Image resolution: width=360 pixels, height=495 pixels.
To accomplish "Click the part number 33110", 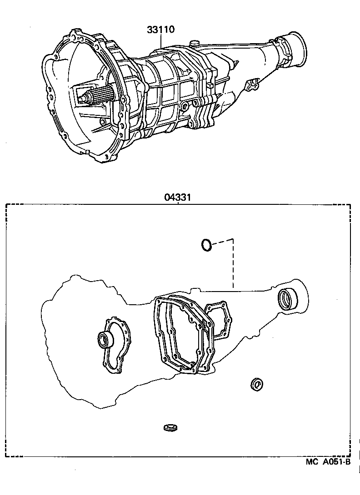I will [x=161, y=30].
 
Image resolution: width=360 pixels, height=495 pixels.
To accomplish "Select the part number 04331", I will [x=177, y=198].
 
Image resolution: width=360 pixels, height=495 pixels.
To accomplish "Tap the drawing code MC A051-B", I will [x=328, y=462].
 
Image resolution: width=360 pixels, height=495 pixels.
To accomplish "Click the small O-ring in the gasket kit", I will [x=206, y=245].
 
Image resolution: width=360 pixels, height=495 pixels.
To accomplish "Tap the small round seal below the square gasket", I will [x=257, y=384].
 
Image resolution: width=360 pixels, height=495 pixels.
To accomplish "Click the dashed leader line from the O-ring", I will [x=232, y=263].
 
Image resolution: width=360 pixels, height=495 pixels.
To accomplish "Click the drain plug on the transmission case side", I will [x=184, y=107].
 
